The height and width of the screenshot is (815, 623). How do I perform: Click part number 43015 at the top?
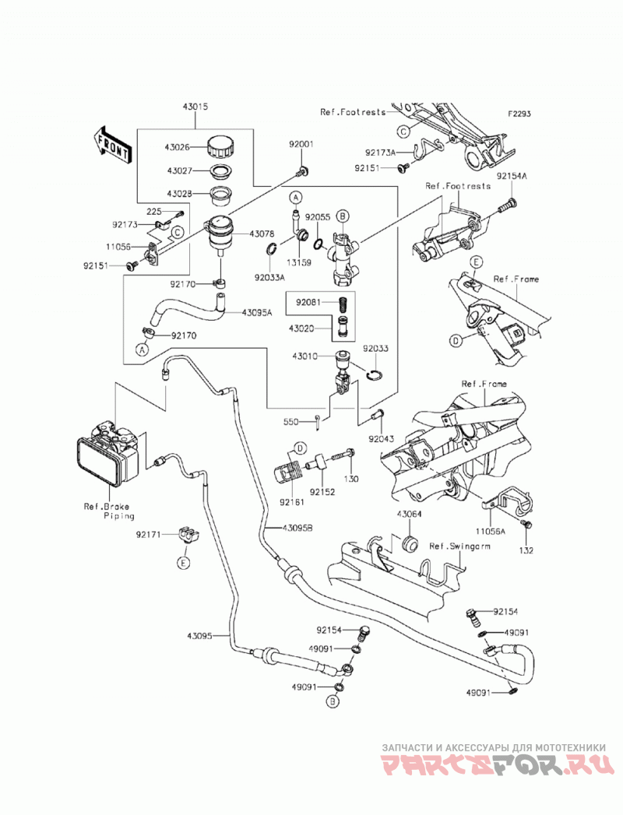pos(195,107)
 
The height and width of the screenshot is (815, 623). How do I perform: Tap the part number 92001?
pos(301,144)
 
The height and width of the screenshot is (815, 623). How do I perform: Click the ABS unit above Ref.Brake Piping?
pos(110,453)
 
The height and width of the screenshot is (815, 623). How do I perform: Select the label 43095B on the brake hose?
pos(298,528)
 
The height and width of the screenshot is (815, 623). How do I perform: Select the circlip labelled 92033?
pos(376,374)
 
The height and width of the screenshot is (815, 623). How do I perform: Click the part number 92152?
pos(322,492)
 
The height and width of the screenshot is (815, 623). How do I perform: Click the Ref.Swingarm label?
pos(459,546)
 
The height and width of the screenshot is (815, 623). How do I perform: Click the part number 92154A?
pos(511,176)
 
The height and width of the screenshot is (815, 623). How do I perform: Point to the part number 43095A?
pos(257,312)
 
